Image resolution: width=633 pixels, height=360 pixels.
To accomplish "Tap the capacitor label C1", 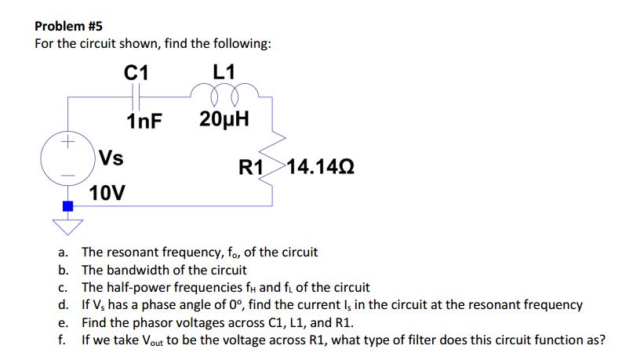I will pyautogui.click(x=136, y=72).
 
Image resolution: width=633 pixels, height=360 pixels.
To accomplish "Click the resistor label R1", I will pyautogui.click(x=251, y=167).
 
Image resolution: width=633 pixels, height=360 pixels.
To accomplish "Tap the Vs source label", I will pyautogui.click(x=111, y=158).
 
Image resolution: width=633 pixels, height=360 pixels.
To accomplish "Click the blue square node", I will pyautogui.click(x=67, y=206).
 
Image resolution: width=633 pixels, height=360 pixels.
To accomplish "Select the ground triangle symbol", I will pyautogui.click(x=67, y=226).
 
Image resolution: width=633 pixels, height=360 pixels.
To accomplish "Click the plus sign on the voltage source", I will pyautogui.click(x=68, y=144).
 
